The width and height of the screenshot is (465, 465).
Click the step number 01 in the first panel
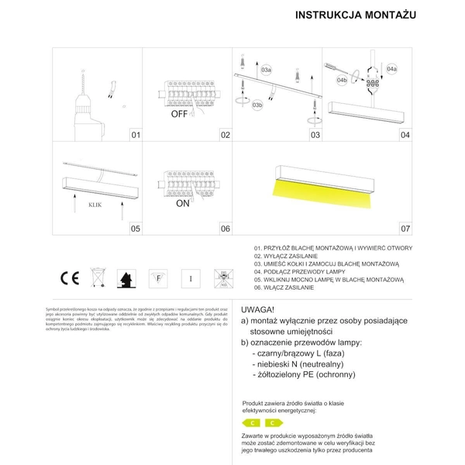[136, 135]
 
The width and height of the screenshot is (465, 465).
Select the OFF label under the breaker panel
[181, 112]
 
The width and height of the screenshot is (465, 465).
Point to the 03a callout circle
[266, 70]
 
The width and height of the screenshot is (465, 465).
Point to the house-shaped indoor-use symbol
[126, 277]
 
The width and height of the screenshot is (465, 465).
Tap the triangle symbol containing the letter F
[157, 277]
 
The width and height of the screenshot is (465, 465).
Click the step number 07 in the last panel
[405, 229]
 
